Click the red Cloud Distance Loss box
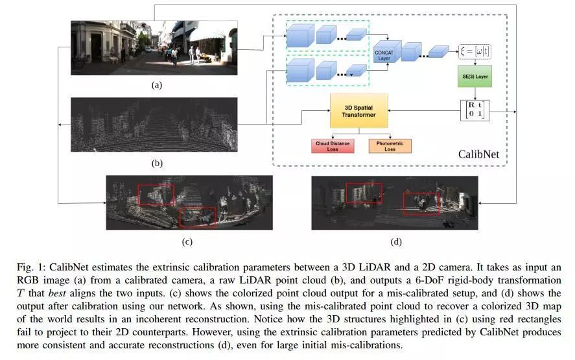click(x=332, y=145)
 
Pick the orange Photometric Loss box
click(x=389, y=145)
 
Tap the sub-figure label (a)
click(x=156, y=84)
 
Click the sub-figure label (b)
click(x=156, y=163)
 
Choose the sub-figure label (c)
click(x=187, y=242)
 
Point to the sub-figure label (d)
click(x=395, y=242)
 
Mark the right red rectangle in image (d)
click(x=421, y=203)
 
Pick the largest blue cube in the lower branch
click(x=299, y=70)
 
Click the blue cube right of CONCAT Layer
click(x=410, y=51)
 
